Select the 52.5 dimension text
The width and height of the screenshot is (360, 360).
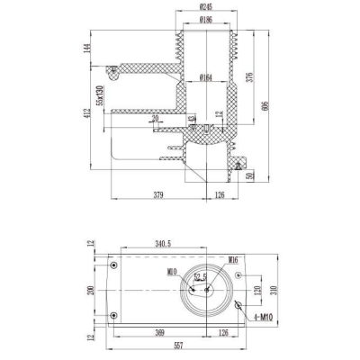click(201, 277)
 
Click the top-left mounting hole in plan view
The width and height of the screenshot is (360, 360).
click(113, 266)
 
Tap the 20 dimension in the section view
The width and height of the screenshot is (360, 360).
click(155, 117)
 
